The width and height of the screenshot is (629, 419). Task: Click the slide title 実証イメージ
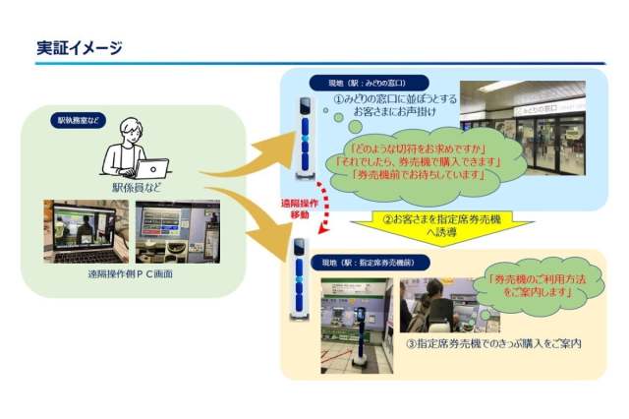[x=79, y=48]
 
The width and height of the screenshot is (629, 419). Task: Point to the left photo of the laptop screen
[x=84, y=231]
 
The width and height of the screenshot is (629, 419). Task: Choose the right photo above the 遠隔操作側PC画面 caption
[x=178, y=231]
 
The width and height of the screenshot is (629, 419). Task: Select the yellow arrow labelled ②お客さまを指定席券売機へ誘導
[x=454, y=225]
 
